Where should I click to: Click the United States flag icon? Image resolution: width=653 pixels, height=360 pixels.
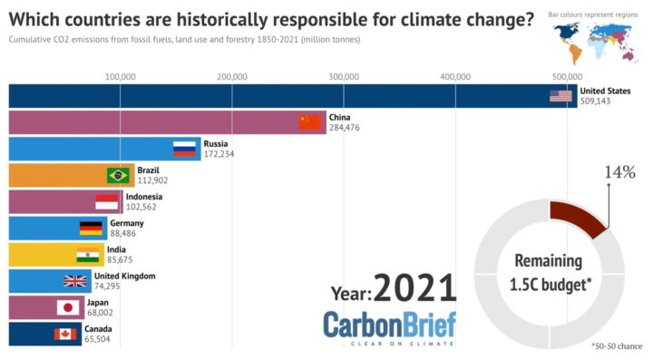[560, 96]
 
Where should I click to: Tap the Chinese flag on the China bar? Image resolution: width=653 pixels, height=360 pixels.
[311, 122]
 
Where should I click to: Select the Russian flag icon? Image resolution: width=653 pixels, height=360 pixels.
[186, 149]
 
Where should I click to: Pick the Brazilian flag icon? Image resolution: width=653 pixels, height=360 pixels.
[118, 175]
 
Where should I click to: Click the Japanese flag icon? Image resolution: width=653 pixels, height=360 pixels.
[69, 307]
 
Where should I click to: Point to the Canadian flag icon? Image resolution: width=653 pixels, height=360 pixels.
[65, 334]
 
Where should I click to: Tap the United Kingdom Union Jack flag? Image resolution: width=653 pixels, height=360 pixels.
[75, 281]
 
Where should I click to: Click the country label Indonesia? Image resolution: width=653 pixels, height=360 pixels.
[144, 196]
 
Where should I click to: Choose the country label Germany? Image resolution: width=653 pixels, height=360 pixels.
[126, 222]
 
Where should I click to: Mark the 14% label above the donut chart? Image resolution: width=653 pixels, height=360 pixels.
[619, 173]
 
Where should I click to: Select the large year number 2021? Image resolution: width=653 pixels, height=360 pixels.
[414, 287]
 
